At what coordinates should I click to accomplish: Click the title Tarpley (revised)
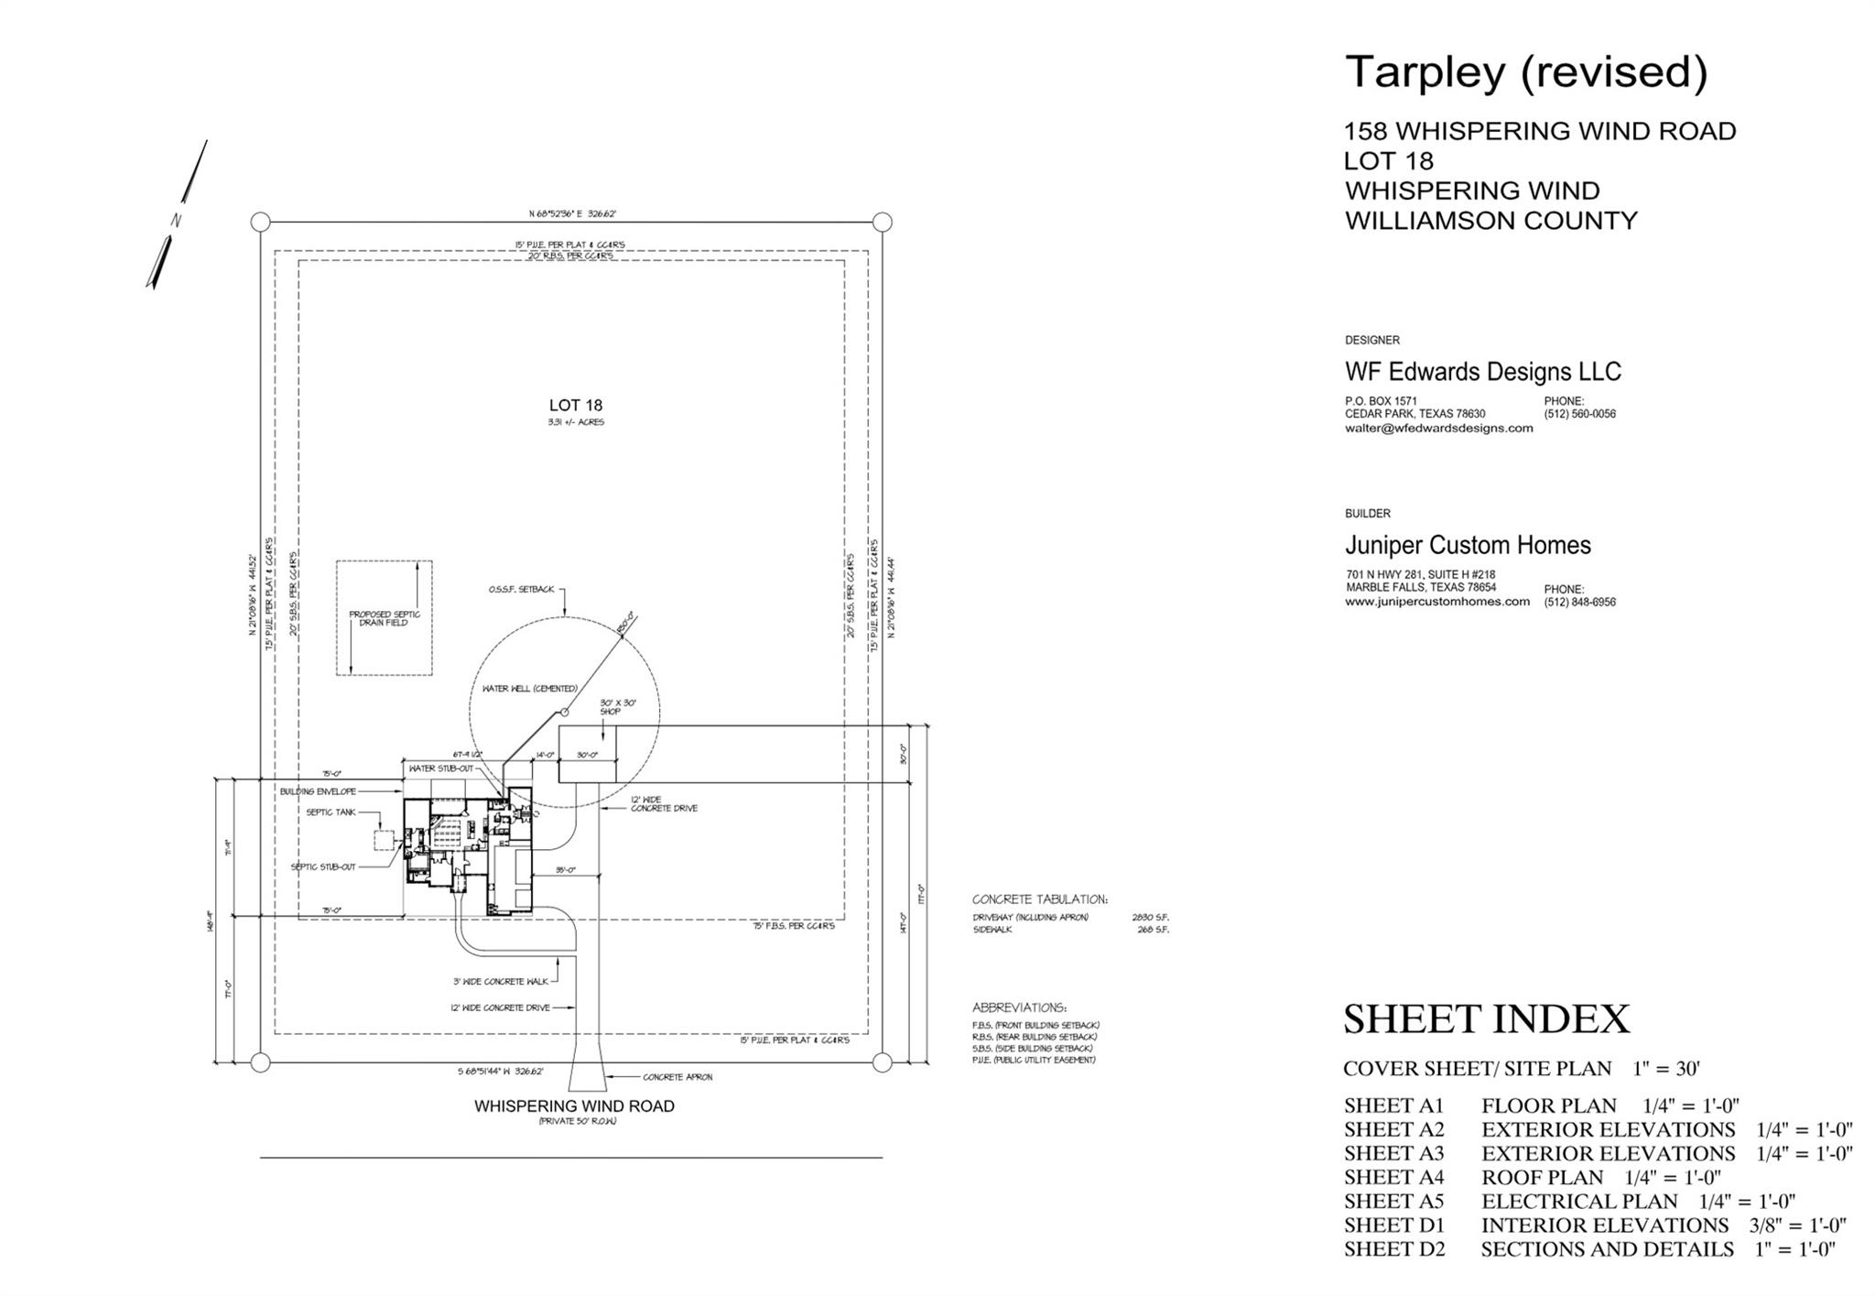click(x=1525, y=72)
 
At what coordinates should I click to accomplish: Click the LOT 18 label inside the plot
click(x=575, y=406)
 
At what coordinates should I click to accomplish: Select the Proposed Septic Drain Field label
click(x=384, y=618)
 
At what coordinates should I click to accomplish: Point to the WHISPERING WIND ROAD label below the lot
click(x=574, y=1106)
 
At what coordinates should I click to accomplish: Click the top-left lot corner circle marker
click(x=260, y=222)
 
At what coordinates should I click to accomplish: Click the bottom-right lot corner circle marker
click(x=882, y=1062)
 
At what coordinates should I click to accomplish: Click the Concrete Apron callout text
click(x=677, y=1077)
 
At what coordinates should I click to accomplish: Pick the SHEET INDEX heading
click(x=1486, y=1019)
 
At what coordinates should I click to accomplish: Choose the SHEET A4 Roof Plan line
click(x=1532, y=1177)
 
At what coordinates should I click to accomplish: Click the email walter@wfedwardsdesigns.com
click(x=1438, y=429)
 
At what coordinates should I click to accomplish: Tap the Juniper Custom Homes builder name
click(x=1468, y=546)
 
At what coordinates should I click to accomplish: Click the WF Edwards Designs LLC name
click(x=1482, y=372)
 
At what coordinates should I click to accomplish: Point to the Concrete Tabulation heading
click(x=1039, y=899)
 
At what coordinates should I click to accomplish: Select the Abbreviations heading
click(x=1019, y=1007)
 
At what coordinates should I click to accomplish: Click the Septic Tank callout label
click(x=331, y=812)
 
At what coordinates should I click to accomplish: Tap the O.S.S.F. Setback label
click(x=521, y=590)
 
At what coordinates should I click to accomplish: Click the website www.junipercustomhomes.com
click(x=1436, y=602)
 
